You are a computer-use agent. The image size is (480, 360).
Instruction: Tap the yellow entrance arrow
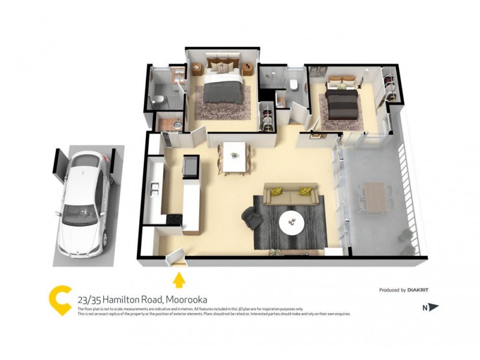(179, 279)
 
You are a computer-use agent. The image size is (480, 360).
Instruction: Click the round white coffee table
(292, 223)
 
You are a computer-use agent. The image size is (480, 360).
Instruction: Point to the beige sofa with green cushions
(290, 196)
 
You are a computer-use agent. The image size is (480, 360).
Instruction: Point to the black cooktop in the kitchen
(173, 219)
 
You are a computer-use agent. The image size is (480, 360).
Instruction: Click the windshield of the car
(81, 211)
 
